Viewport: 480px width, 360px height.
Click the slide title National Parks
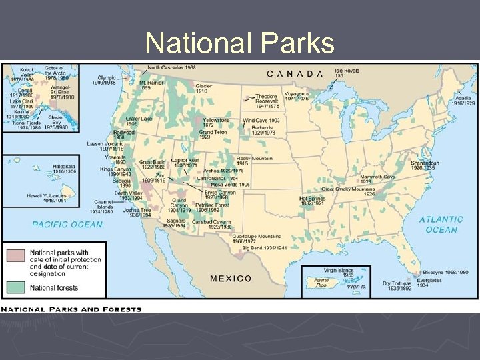pyautogui.click(x=240, y=43)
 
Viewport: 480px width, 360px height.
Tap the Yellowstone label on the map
pyautogui.click(x=216, y=120)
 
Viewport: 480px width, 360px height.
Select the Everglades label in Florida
pyautogui.click(x=429, y=280)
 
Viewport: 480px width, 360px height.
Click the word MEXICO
pyautogui.click(x=231, y=278)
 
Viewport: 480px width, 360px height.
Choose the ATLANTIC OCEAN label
pyautogui.click(x=441, y=224)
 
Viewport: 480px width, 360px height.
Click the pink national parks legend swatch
pyautogui.click(x=16, y=255)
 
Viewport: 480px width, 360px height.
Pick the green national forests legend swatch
pyautogui.click(x=16, y=287)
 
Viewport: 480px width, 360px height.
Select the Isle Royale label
pyautogui.click(x=347, y=70)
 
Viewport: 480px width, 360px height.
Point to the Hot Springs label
pyautogui.click(x=313, y=198)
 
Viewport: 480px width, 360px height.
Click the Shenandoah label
pyautogui.click(x=425, y=163)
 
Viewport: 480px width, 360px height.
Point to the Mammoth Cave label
pyautogui.click(x=377, y=177)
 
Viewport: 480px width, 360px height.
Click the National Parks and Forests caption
pyautogui.click(x=71, y=309)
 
